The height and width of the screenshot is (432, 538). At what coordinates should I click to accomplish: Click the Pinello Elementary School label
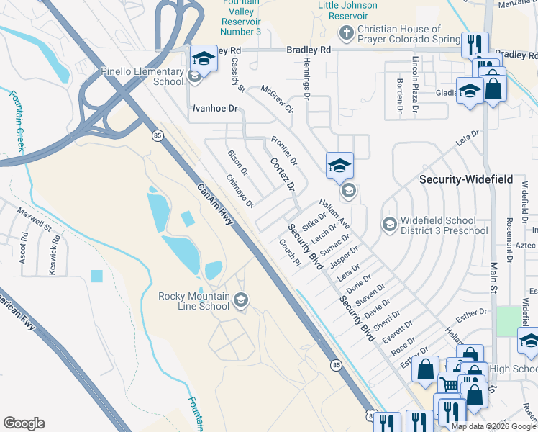coord(142,76)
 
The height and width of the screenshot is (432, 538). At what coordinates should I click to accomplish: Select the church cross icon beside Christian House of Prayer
coord(346,32)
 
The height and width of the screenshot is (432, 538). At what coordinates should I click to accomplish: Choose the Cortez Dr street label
coord(283,175)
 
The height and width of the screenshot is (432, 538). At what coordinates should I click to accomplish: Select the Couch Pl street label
coord(289,253)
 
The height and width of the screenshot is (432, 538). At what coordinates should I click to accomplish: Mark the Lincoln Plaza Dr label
coord(415,77)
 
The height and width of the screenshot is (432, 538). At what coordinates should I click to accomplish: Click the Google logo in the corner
coord(24,423)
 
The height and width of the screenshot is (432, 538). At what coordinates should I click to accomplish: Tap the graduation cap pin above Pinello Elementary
coord(203,58)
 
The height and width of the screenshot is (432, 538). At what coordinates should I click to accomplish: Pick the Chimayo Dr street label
coord(240,191)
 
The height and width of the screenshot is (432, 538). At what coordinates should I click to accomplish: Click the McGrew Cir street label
coord(278,99)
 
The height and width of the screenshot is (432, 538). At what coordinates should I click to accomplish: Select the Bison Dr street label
coord(237,163)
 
